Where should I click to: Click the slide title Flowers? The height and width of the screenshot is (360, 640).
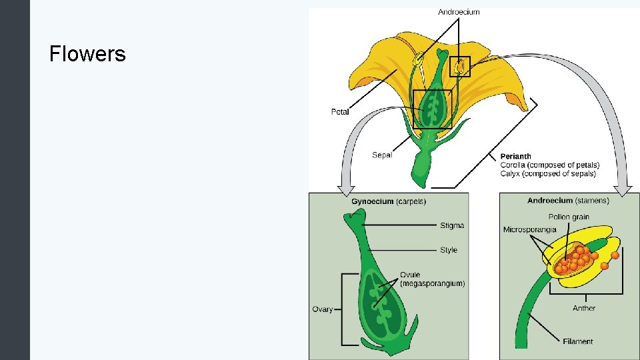[87, 53]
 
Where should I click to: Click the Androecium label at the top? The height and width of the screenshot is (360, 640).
[459, 11]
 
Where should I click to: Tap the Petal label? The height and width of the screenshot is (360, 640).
[340, 112]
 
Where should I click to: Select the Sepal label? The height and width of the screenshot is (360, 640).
[382, 155]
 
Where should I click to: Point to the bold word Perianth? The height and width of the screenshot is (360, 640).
[515, 157]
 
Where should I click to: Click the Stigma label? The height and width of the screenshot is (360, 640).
[452, 225]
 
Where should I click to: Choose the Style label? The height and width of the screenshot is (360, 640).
[449, 250]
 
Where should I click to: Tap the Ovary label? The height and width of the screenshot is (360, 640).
[323, 309]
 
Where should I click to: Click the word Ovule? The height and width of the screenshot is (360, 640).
[411, 275]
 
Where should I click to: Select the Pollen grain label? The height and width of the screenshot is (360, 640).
[569, 217]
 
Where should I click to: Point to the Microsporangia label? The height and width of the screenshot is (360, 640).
[529, 230]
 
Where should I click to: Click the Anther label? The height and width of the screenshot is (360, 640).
[584, 308]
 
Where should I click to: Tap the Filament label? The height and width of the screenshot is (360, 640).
[577, 341]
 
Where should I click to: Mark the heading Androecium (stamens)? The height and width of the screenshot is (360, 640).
[568, 200]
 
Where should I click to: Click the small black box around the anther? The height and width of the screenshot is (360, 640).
[461, 67]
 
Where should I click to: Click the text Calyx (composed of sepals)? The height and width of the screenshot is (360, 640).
[548, 174]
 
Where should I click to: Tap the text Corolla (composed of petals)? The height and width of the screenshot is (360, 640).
[550, 165]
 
